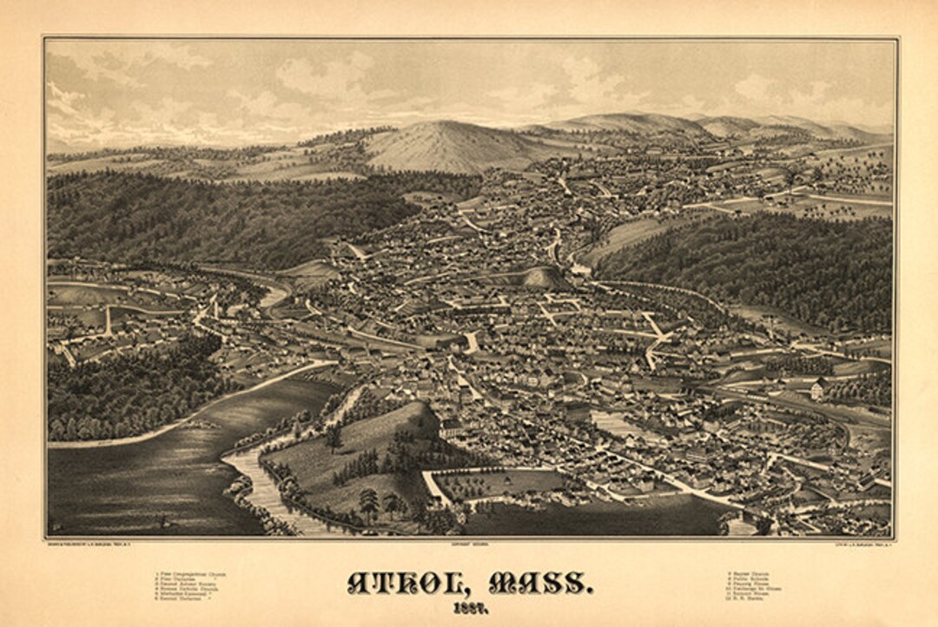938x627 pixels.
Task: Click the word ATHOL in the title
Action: (x=406, y=582)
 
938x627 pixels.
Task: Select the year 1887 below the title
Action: (x=468, y=608)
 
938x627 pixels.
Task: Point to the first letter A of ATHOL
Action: (x=358, y=582)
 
